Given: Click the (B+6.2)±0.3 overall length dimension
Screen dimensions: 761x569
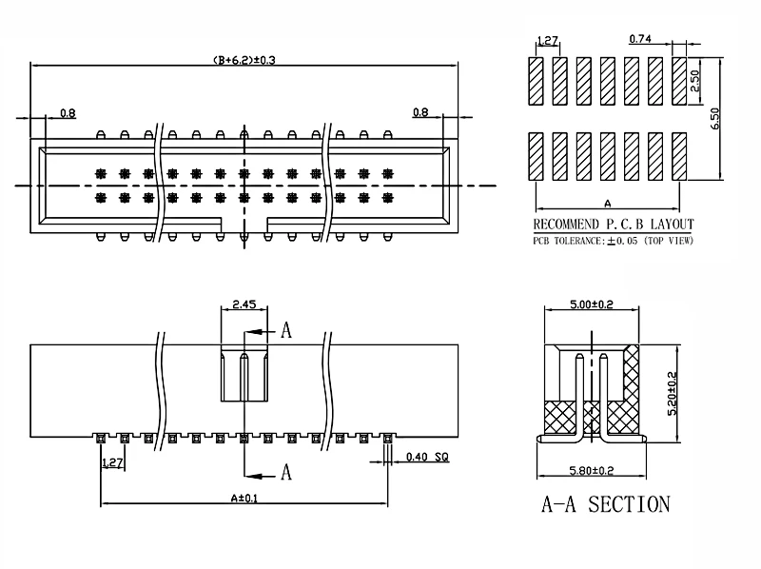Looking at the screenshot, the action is tap(244, 60).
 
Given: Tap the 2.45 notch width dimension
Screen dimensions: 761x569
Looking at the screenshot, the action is tap(244, 304).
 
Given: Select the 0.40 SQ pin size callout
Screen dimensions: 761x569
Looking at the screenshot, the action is tap(427, 457).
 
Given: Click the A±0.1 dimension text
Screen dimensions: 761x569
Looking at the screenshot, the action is tap(244, 499).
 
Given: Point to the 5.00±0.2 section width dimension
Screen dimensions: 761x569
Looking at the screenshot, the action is tap(591, 304).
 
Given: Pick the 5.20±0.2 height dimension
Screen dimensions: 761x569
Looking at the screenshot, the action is tap(673, 393).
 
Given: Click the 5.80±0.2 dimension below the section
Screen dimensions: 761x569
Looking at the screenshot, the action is tap(591, 470).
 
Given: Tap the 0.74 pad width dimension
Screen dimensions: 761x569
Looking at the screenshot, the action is tap(640, 38).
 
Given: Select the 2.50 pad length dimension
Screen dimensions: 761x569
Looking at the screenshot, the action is tap(695, 81).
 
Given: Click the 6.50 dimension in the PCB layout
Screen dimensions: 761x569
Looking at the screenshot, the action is tap(715, 118).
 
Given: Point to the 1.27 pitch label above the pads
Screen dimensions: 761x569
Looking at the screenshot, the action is tap(548, 40).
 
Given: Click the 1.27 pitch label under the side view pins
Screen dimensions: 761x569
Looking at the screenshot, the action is tap(112, 462).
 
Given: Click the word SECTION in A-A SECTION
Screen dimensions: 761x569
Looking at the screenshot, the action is tap(629, 504).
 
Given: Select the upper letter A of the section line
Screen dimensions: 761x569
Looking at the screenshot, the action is tap(286, 330).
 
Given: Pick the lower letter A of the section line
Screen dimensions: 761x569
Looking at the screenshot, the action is tap(286, 472).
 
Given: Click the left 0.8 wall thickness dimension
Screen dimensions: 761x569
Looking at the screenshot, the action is tap(68, 113).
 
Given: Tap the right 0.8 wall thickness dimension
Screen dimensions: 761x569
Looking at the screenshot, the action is tap(420, 112).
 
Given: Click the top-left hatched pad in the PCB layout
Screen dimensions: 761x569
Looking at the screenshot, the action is tap(536, 81).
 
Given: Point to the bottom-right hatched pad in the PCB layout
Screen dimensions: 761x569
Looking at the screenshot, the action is tap(679, 156).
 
